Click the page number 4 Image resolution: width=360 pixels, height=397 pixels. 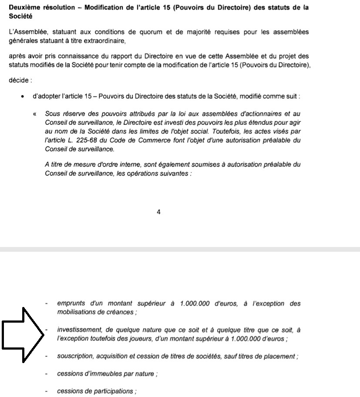[158, 212]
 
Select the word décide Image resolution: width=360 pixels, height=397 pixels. [19, 80]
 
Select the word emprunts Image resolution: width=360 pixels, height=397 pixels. [71, 304]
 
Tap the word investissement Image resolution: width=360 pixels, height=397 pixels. [77, 330]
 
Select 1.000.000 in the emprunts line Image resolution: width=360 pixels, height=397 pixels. [195, 304]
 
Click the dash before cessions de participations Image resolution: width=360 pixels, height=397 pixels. [47, 391]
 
